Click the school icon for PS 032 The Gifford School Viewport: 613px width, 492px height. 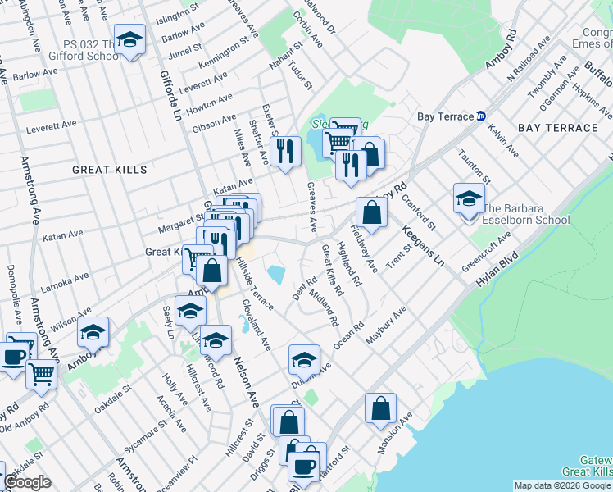point(129,39)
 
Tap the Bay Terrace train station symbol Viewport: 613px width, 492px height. point(482,116)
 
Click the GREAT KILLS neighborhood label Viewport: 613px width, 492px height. point(109,170)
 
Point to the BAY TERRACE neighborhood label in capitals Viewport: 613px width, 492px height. point(558,128)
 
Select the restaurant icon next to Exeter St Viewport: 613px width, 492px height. point(285,151)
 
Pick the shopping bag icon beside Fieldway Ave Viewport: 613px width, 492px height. point(372,212)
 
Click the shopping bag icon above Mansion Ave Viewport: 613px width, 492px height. point(381,408)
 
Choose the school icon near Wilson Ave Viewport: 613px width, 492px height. point(93,332)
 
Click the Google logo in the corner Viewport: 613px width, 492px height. point(27,483)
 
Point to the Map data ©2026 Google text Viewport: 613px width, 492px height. point(562,485)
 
